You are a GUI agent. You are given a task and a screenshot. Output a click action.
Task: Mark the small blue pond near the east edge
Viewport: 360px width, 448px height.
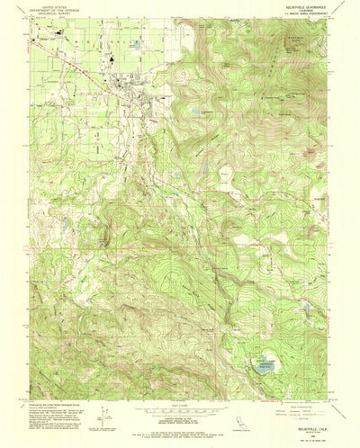[x=306, y=309]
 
